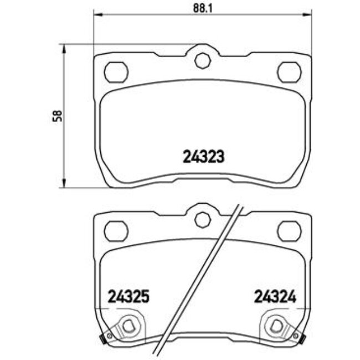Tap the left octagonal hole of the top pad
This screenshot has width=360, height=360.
point(116,71)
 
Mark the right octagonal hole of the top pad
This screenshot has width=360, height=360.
point(288,71)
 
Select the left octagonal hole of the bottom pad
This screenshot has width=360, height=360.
point(116,230)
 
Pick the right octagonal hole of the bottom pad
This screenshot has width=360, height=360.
point(288,230)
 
